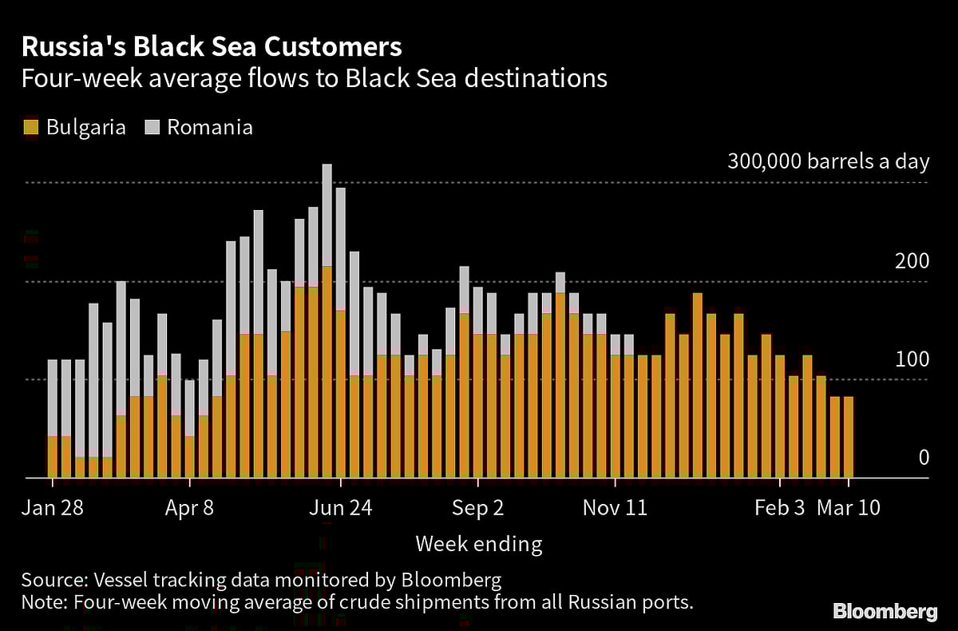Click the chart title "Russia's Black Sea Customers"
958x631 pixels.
[212, 47]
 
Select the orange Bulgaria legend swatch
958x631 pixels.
[31, 127]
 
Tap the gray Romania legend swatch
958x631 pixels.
[151, 127]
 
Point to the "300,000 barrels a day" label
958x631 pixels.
[828, 162]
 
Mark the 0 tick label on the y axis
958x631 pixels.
[924, 458]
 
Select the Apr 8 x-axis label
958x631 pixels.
[190, 508]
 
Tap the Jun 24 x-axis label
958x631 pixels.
[341, 508]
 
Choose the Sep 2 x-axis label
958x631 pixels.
[477, 508]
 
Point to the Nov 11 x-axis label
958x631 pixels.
[616, 508]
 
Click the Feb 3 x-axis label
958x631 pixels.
[780, 508]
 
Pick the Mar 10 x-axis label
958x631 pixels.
[848, 508]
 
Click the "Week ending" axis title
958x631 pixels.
[479, 545]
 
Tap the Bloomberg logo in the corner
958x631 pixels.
[885, 612]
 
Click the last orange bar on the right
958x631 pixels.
[849, 437]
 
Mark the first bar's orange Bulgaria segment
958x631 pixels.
[53, 457]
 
